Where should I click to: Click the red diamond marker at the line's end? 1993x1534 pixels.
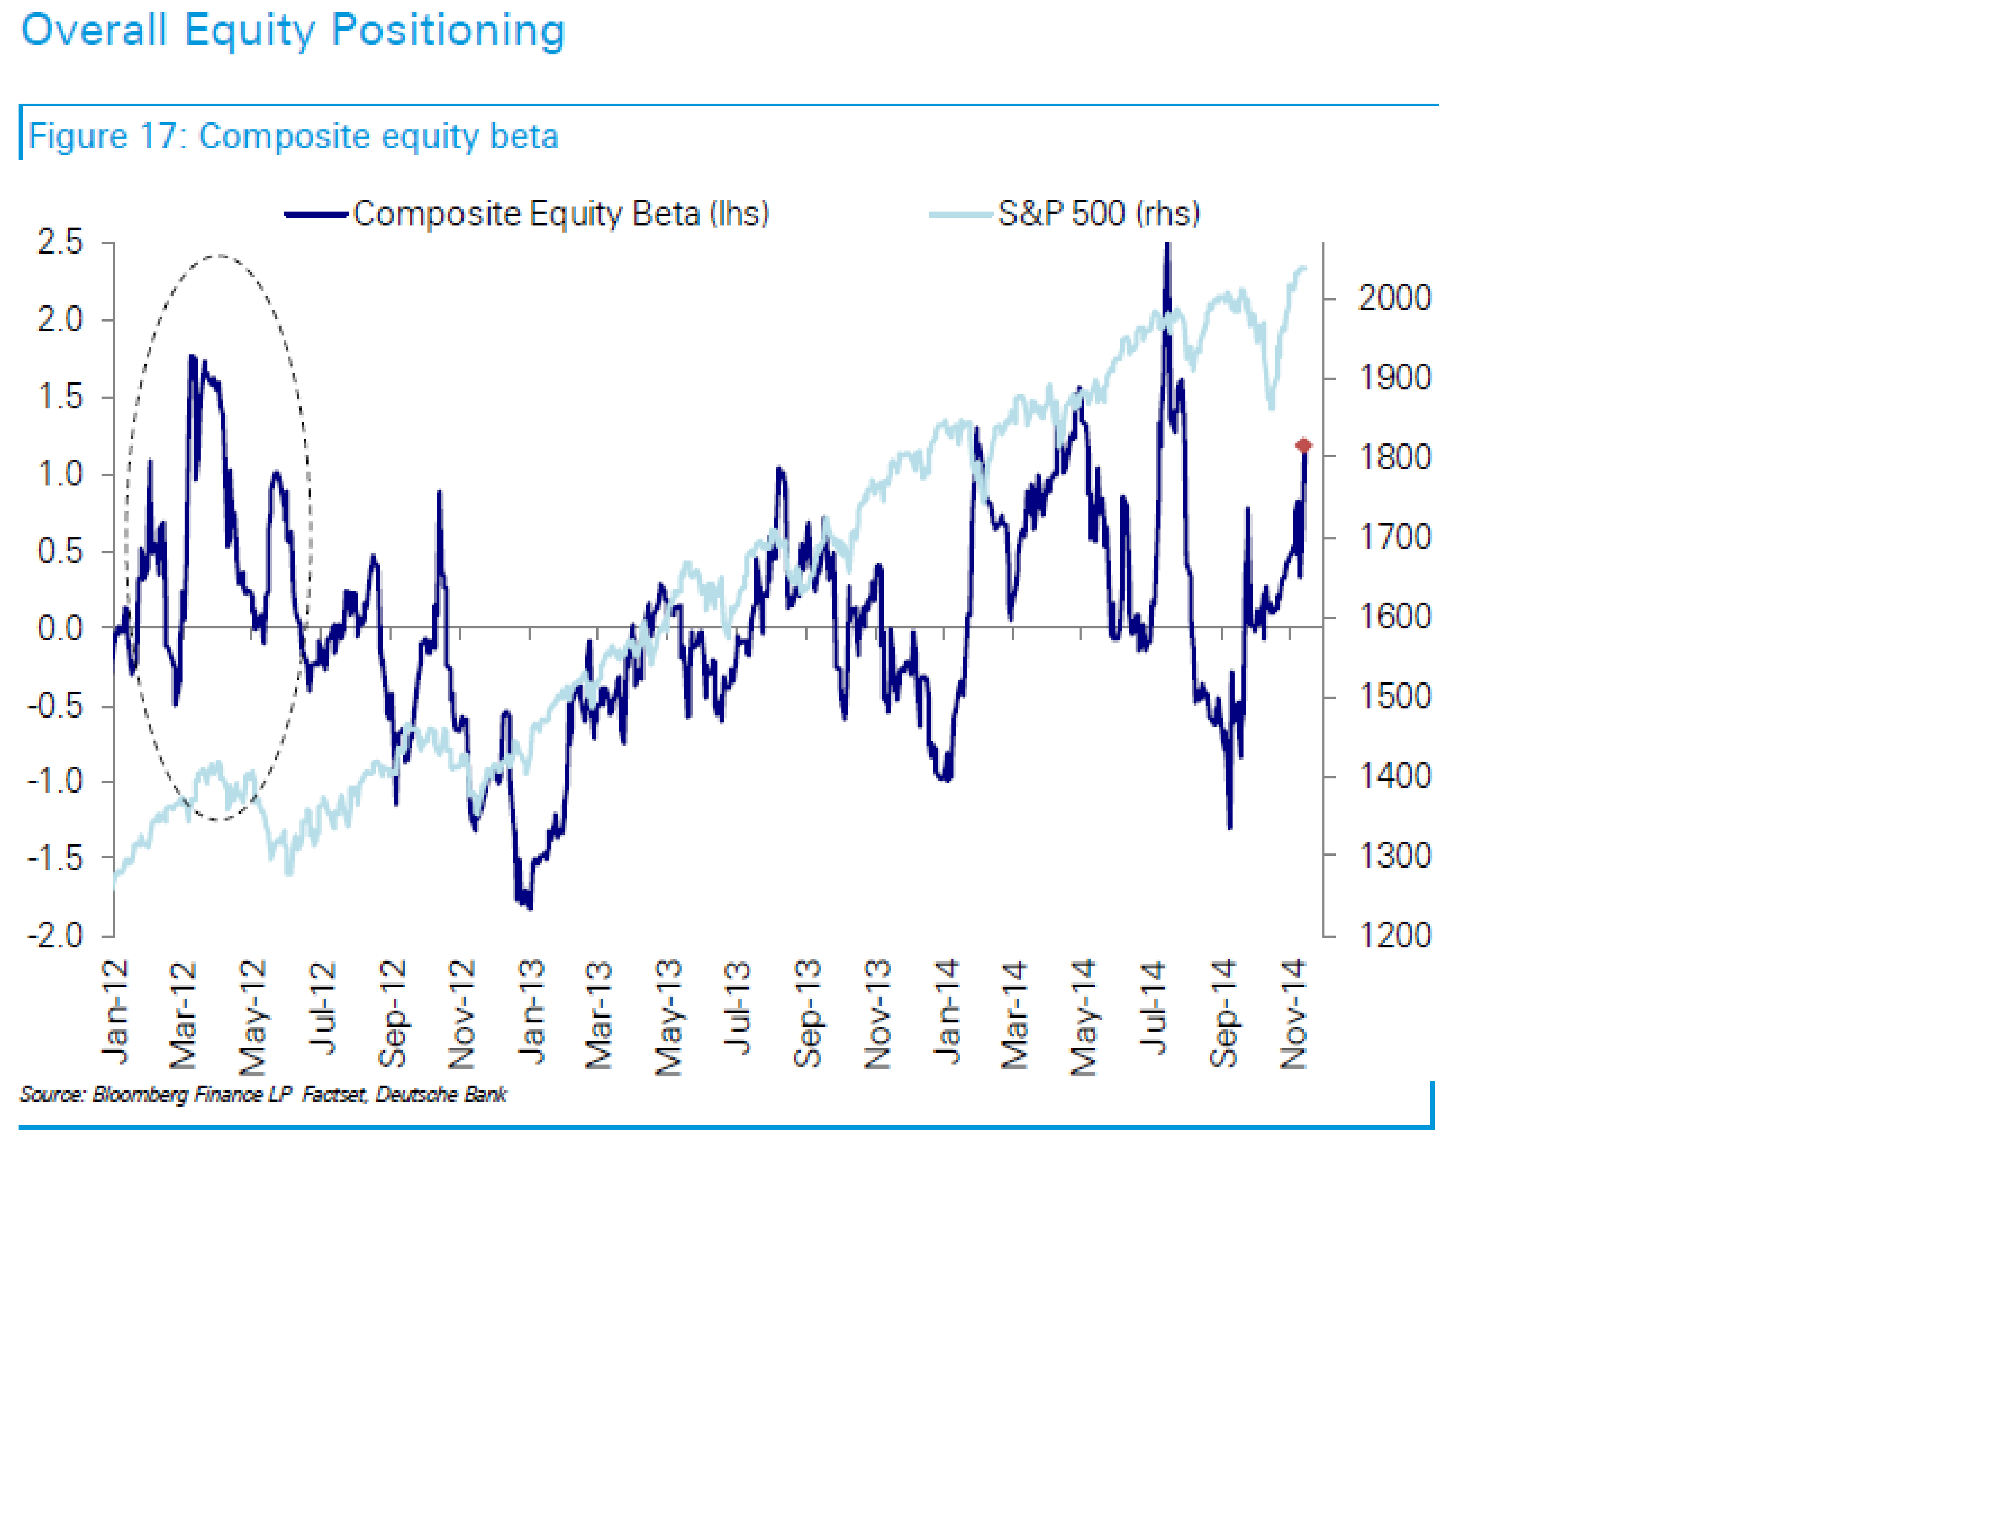click(1303, 445)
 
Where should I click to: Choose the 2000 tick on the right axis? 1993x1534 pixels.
click(1394, 298)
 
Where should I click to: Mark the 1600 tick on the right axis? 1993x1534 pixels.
click(1394, 617)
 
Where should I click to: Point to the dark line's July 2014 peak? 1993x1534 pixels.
click(1167, 244)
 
